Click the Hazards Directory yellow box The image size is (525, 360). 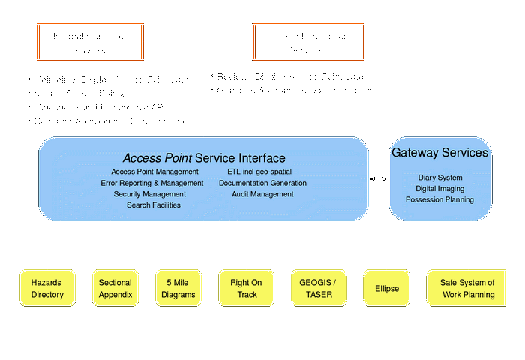pos(47,289)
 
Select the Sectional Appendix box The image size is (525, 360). pos(115,289)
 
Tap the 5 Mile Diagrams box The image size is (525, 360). pos(178,289)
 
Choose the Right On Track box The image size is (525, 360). pos(247,289)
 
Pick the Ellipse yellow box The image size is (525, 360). pos(387,289)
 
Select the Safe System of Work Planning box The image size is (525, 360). pos(468,289)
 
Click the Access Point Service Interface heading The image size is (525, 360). pos(204,158)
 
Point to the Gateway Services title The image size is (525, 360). pos(439,153)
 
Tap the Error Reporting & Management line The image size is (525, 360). pos(152,183)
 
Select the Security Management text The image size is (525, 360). pos(150,194)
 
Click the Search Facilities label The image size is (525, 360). pos(154,205)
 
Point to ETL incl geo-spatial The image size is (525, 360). pos(259,172)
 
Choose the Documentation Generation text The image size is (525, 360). pos(262,183)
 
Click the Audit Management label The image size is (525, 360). pos(262,194)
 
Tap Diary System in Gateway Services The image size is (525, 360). pos(439,178)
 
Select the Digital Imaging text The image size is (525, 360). pos(439,189)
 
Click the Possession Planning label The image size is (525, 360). pos(439,200)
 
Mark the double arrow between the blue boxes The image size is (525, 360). pos(378,179)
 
